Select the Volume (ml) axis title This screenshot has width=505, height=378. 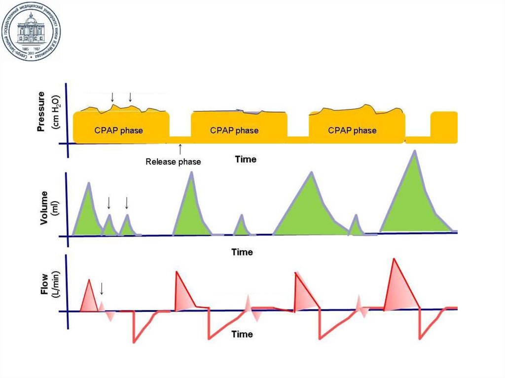click(x=49, y=207)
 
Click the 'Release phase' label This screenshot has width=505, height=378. click(x=173, y=161)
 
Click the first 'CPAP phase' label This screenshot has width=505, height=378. click(x=118, y=131)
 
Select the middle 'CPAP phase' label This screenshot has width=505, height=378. click(x=234, y=131)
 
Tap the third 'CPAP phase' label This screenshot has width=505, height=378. click(x=352, y=131)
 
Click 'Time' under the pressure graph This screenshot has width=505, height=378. click(x=245, y=160)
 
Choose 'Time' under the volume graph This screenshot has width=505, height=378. click(x=242, y=252)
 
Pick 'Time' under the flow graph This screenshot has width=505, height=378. click(x=242, y=334)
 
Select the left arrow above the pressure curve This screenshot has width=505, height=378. click(x=112, y=97)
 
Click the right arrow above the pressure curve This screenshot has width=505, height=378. click(x=130, y=97)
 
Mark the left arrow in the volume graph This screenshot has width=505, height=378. click(x=109, y=203)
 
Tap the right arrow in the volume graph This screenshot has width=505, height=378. click(x=127, y=203)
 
